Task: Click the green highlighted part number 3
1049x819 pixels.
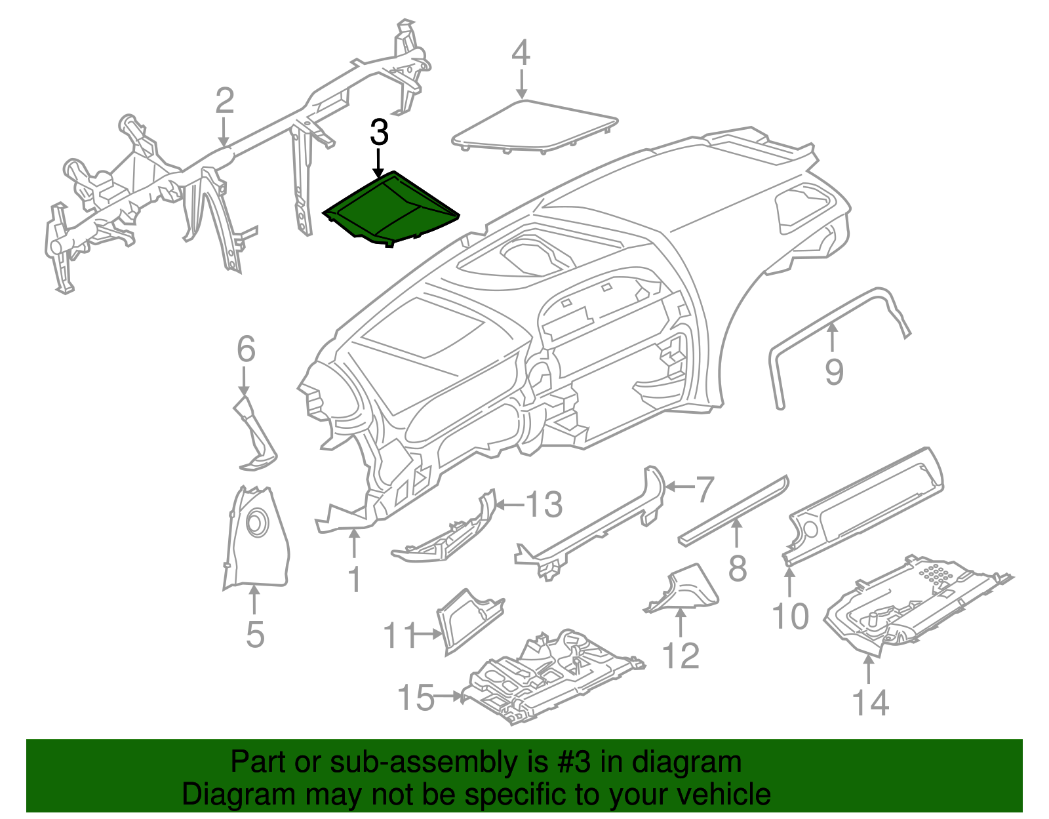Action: click(x=391, y=209)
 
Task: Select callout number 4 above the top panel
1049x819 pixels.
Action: click(x=521, y=52)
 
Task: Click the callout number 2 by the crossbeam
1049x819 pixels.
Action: click(x=224, y=101)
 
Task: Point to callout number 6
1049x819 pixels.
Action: click(x=245, y=350)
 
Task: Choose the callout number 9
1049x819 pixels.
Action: click(x=833, y=372)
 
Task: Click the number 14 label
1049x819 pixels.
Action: click(x=870, y=702)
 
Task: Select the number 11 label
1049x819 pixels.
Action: click(x=399, y=635)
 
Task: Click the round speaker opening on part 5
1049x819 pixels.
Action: click(x=256, y=523)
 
